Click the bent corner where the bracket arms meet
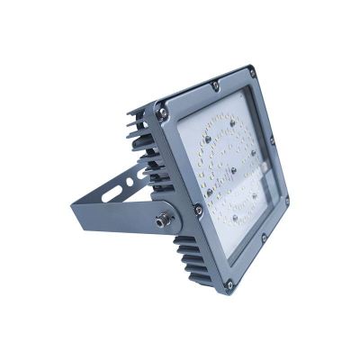[76, 204]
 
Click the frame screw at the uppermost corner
[251, 72]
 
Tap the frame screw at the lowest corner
[230, 284]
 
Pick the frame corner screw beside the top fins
[162, 113]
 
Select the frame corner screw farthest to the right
[286, 202]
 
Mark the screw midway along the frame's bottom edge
[263, 238]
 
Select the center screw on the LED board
[233, 168]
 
